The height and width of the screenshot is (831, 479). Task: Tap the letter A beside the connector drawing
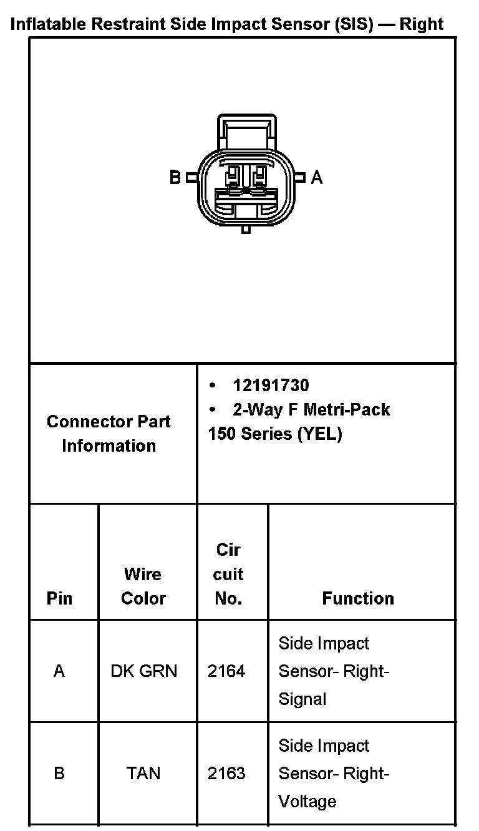[x=317, y=178]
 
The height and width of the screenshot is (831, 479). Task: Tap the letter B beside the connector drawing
[x=175, y=178]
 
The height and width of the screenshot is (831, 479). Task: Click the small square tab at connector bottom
[x=246, y=230]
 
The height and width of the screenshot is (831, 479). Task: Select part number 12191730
[x=271, y=385]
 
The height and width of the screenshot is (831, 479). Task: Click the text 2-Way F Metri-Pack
[x=311, y=409]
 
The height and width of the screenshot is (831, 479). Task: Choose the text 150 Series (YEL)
[x=275, y=434]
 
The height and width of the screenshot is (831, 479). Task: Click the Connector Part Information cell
[x=109, y=434]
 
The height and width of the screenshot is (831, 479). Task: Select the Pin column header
[x=59, y=598]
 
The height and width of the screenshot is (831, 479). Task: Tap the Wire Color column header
[x=143, y=586]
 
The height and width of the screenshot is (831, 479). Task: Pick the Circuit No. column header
[x=228, y=574]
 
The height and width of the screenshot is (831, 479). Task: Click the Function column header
[x=358, y=598]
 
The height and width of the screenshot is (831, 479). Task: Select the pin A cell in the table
[x=59, y=671]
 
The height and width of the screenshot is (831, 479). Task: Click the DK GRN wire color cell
[x=143, y=671]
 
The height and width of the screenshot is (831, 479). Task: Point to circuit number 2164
[x=226, y=671]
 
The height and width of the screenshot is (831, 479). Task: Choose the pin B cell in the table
[x=59, y=774]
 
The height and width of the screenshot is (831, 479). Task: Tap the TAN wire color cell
[x=143, y=774]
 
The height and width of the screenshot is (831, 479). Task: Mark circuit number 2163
[x=226, y=774]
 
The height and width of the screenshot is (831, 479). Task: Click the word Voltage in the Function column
[x=307, y=801]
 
